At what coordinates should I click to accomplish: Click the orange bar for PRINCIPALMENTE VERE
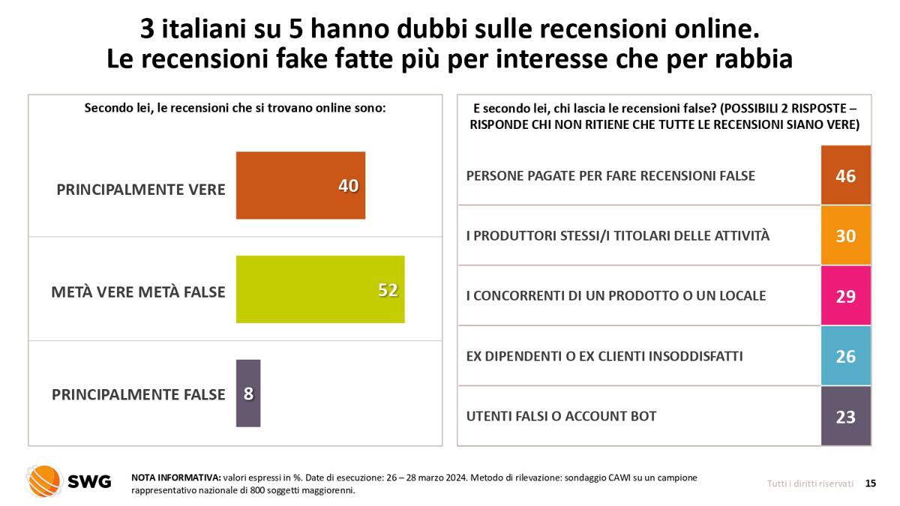tap(300, 185)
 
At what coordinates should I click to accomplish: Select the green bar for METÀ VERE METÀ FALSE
tap(319, 289)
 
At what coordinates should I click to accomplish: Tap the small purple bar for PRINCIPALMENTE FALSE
tap(248, 393)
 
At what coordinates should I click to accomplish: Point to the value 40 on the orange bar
tap(348, 186)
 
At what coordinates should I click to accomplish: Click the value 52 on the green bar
tap(387, 290)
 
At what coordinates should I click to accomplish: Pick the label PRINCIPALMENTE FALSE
tap(138, 394)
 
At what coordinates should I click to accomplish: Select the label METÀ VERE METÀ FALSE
tap(138, 292)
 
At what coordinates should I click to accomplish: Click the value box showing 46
tap(846, 175)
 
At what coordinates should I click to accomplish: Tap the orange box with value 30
tap(846, 235)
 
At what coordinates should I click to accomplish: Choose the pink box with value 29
tap(846, 295)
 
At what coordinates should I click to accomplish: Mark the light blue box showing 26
tap(846, 356)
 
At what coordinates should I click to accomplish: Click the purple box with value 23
tap(846, 416)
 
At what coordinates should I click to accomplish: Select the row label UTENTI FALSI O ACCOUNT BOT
tap(561, 416)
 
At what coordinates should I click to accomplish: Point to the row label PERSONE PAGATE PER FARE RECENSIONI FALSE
tap(610, 175)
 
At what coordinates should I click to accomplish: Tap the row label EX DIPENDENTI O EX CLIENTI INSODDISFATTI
tap(604, 356)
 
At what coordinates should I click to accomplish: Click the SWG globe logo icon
tap(44, 481)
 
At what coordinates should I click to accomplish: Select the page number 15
tap(870, 484)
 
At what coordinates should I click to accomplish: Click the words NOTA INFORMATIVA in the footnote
tap(175, 478)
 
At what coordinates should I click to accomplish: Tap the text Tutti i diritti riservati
tap(810, 484)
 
